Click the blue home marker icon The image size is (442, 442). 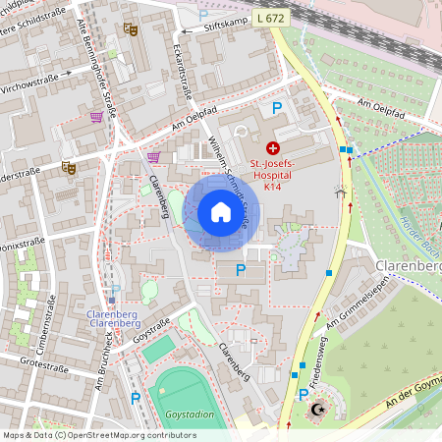[x=221, y=212]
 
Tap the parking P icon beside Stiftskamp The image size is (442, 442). [x=203, y=16]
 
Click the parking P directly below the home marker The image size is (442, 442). [x=242, y=270]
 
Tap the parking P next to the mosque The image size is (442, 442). [x=304, y=394]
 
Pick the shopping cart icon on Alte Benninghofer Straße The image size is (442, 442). [x=96, y=117]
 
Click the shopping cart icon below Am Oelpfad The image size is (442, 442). [x=153, y=157]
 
